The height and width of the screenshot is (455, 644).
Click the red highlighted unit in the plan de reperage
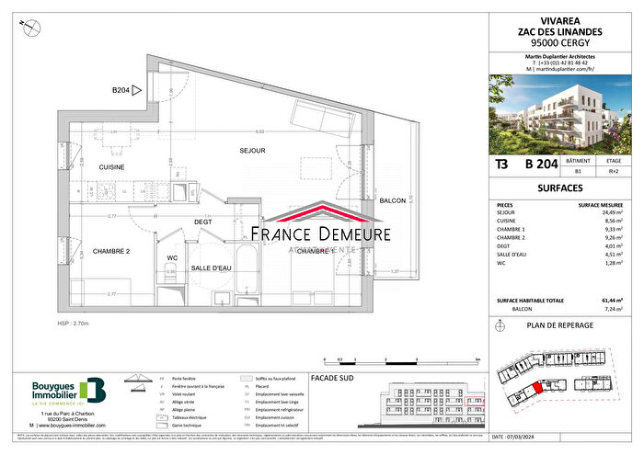(x=546, y=390)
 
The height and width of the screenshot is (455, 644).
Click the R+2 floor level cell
(x=613, y=171)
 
